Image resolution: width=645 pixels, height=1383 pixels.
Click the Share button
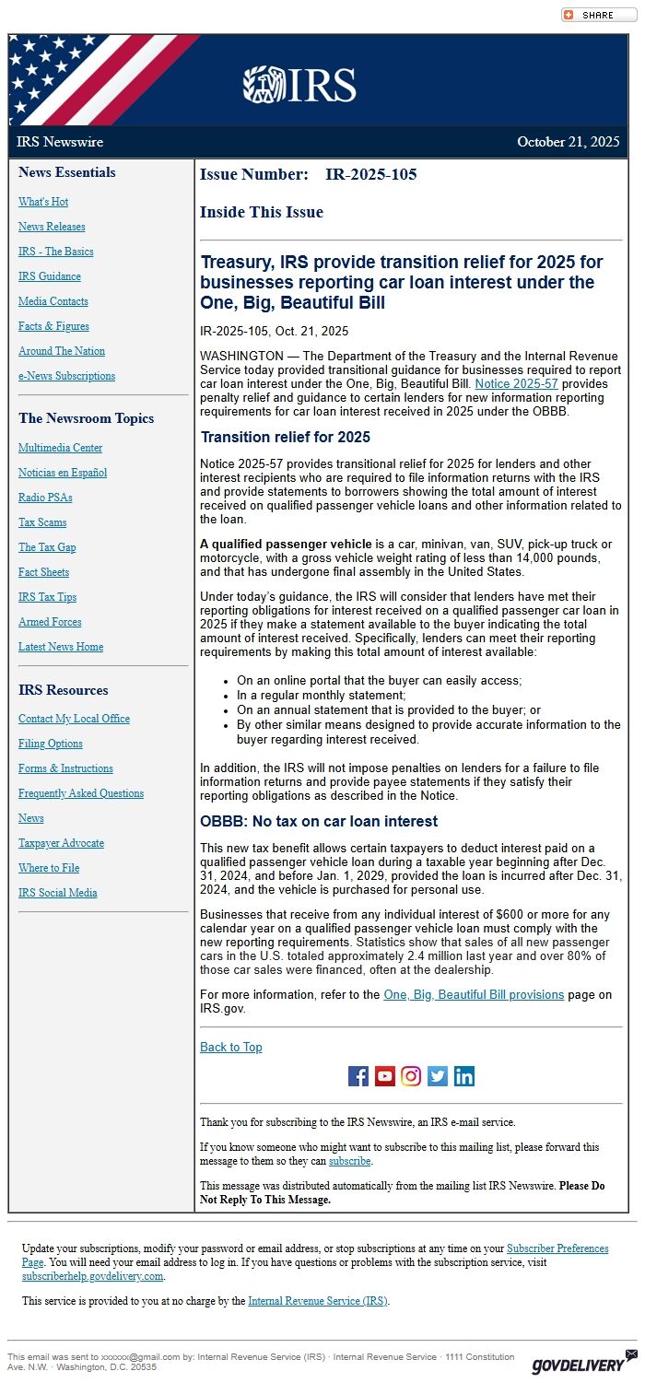(x=598, y=15)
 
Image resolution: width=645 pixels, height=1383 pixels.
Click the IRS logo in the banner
(x=299, y=85)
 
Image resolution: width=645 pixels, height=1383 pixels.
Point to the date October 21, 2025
(x=568, y=142)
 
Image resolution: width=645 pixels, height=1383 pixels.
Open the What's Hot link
(x=43, y=202)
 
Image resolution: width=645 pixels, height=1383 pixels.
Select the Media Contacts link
(x=53, y=301)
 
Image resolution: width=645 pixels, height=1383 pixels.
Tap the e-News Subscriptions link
(x=66, y=376)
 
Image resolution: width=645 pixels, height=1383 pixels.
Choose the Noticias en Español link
(x=63, y=473)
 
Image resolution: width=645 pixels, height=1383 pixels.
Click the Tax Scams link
(x=42, y=522)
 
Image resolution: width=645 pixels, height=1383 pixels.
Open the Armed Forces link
(x=50, y=622)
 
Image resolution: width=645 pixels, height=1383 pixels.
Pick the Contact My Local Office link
(x=74, y=719)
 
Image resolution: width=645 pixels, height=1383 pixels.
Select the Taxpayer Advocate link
(x=61, y=843)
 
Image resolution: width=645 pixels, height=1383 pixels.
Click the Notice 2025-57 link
(x=516, y=383)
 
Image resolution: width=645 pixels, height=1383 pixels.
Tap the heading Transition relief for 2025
(x=286, y=437)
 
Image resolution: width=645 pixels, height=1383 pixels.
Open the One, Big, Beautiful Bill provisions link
(x=474, y=994)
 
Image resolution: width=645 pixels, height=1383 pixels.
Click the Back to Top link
(x=230, y=1047)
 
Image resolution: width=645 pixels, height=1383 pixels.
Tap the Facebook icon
(x=358, y=1076)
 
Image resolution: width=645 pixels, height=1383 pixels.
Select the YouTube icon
(x=385, y=1076)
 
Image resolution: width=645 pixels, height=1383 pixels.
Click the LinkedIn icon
(x=464, y=1076)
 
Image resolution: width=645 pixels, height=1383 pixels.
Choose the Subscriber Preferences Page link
(x=557, y=1248)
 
